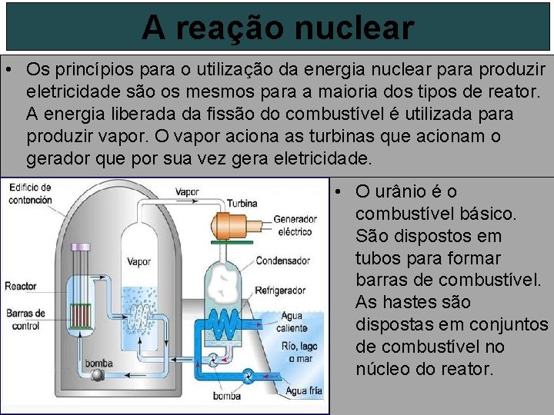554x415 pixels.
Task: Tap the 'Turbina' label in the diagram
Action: [x=242, y=204]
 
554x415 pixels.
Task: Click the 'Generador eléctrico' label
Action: [x=294, y=224]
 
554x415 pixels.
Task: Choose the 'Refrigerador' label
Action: [x=284, y=291]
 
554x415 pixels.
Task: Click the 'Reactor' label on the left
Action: [x=20, y=286]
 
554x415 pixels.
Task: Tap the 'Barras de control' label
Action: [x=25, y=319]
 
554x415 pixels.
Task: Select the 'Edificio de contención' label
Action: [x=30, y=193]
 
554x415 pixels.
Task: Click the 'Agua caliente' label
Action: [x=292, y=320]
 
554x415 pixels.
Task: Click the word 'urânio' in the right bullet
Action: [x=409, y=191]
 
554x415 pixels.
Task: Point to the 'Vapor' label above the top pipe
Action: [x=187, y=191]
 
